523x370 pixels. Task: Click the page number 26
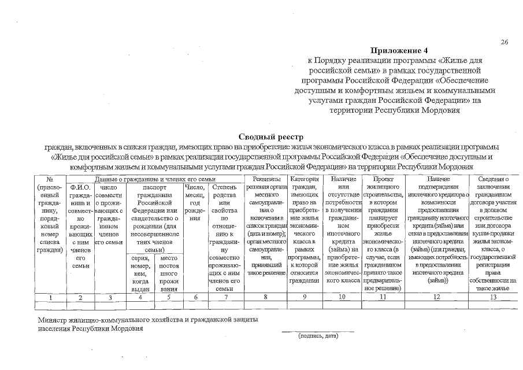(x=505, y=42)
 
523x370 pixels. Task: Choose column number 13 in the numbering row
(x=492, y=297)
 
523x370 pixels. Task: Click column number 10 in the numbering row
(x=342, y=297)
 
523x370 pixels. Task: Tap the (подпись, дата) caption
(x=317, y=335)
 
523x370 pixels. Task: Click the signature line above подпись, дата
(x=317, y=331)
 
